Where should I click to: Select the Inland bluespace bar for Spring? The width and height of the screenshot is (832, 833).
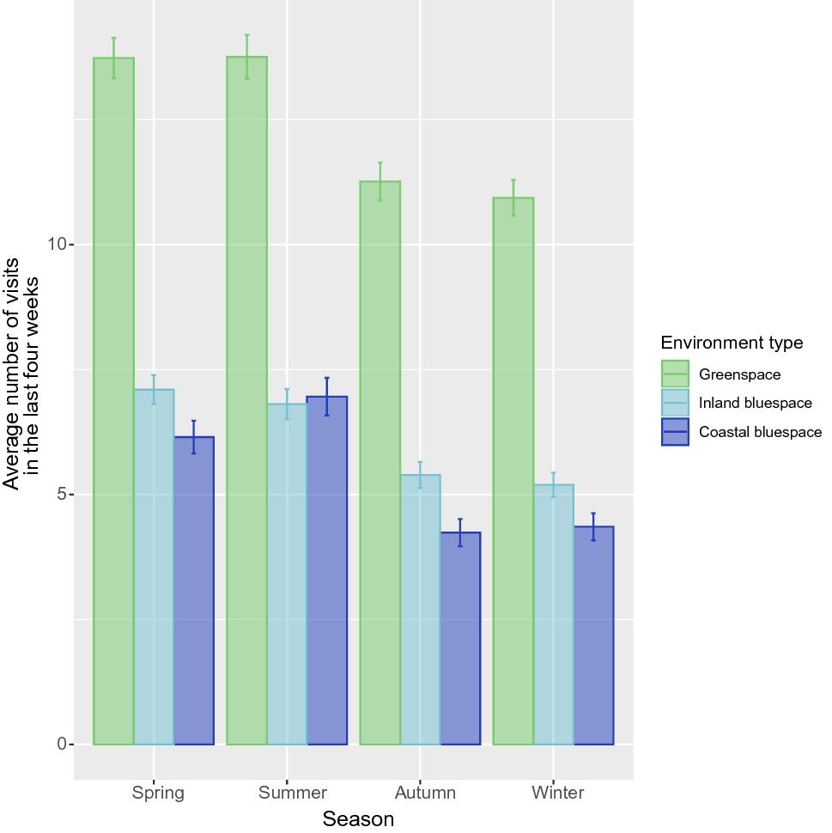154,567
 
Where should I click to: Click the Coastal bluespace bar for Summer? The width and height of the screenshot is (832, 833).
326,570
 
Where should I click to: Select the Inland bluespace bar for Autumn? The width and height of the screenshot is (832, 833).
420,609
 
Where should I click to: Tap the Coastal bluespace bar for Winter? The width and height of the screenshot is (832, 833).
593,635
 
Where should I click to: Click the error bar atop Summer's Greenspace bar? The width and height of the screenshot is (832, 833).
246,57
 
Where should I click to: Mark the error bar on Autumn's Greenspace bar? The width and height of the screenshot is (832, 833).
380,181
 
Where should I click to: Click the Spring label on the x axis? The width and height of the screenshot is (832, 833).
158,793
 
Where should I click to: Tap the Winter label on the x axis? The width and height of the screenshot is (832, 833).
557,793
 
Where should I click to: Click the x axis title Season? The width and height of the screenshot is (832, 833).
358,819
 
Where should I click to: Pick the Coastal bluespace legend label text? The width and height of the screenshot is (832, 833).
760,432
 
